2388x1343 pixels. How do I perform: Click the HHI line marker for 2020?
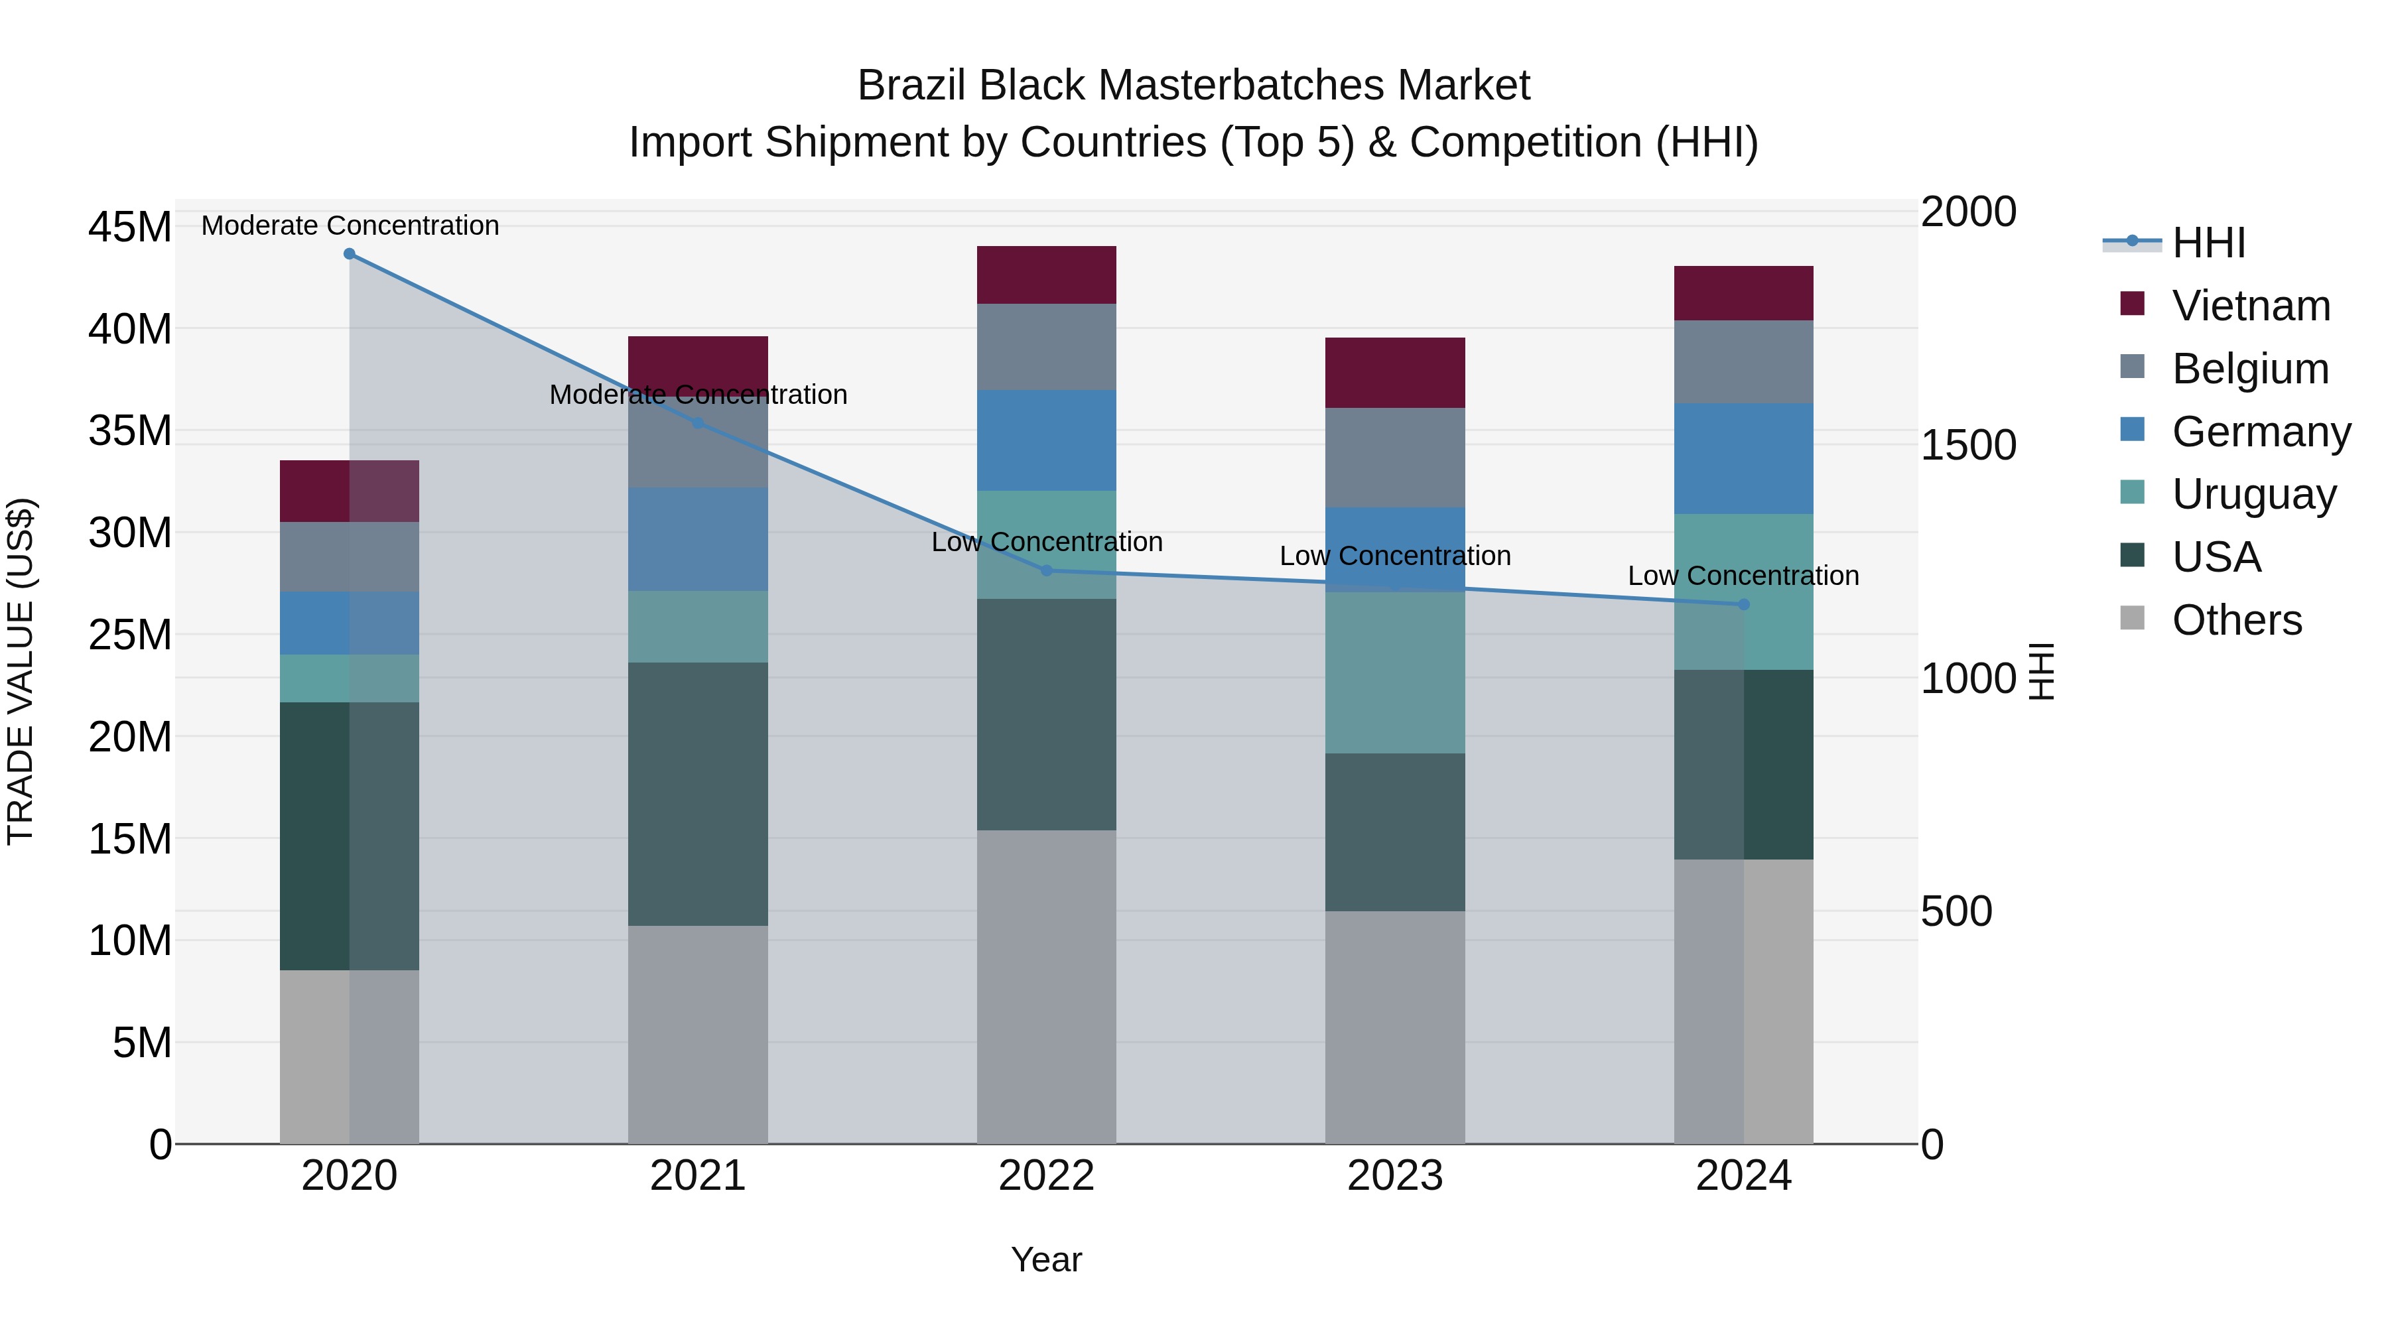350,254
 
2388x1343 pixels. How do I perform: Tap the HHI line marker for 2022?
1047,571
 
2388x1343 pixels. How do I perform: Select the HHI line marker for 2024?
1744,604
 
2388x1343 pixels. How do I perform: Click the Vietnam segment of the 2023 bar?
1395,373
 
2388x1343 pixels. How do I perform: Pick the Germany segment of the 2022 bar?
1047,440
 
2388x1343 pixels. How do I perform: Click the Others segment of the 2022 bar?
1047,986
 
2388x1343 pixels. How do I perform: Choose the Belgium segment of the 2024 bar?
1744,361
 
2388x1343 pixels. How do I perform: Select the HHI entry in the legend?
2208,243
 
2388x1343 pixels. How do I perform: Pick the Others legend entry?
2236,620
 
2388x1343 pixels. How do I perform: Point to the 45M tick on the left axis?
130,227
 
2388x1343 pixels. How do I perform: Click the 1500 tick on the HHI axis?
1967,445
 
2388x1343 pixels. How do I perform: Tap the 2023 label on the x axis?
1395,1176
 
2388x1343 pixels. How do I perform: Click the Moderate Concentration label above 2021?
698,395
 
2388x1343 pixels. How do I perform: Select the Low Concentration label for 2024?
1744,576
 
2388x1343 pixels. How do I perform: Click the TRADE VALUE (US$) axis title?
21,671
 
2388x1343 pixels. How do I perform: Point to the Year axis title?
1047,1259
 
